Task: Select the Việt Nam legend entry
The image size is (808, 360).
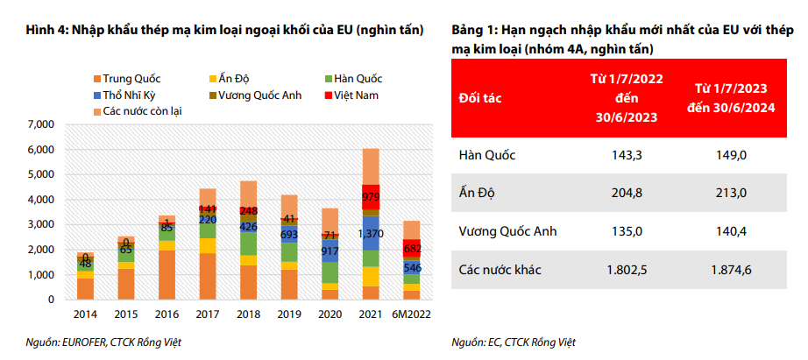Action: (x=357, y=94)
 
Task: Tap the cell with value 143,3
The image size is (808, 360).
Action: (x=626, y=155)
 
